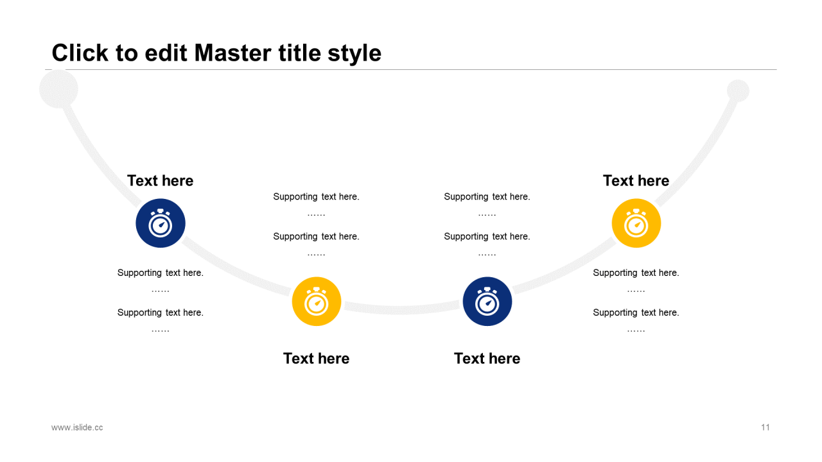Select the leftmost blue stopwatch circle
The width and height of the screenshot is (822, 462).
(x=161, y=223)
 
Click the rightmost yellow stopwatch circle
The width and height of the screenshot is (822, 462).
(x=636, y=223)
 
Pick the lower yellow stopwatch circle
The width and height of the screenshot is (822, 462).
(x=317, y=302)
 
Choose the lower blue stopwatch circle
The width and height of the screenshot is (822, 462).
(x=487, y=302)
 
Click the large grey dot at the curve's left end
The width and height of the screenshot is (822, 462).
(x=58, y=89)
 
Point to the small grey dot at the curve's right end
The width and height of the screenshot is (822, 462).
(x=738, y=90)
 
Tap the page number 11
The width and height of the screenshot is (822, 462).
(x=765, y=427)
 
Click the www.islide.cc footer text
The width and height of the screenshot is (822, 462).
(x=77, y=427)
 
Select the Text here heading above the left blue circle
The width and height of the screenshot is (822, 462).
(x=161, y=181)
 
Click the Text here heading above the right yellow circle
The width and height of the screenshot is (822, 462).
(x=636, y=181)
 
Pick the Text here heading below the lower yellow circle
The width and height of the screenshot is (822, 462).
(x=317, y=359)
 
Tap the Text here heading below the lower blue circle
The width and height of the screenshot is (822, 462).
(x=487, y=359)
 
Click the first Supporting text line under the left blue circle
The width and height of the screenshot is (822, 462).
(x=161, y=273)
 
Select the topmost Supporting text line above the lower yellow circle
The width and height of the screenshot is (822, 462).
(x=317, y=196)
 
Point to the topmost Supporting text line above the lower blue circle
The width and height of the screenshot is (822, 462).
(x=487, y=196)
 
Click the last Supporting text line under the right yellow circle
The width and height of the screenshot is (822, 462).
(x=636, y=312)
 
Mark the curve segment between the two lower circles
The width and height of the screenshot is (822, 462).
(x=402, y=309)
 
